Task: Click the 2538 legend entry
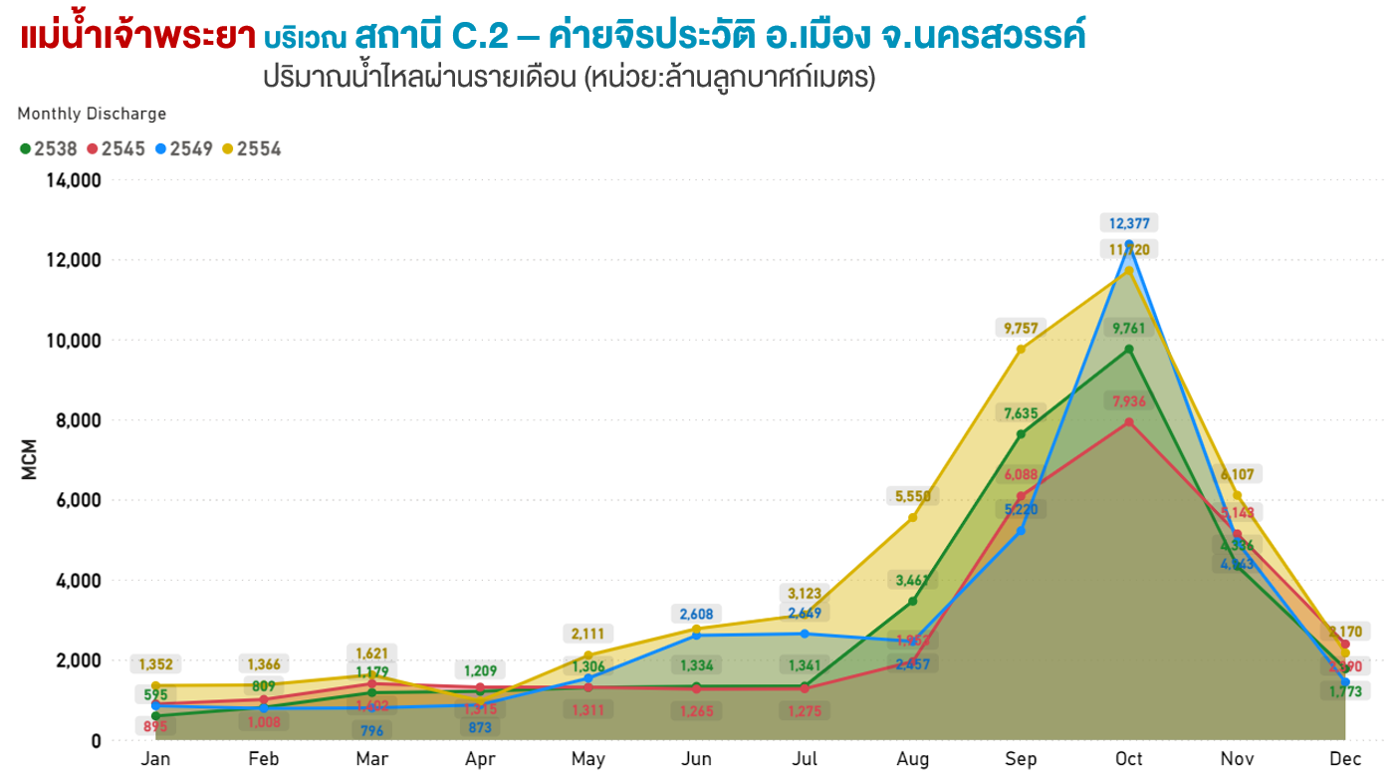click(49, 149)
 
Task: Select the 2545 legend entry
click(116, 149)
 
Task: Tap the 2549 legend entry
click(184, 149)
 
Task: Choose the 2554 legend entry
click(252, 149)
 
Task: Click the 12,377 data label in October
click(1130, 223)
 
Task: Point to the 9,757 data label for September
click(1022, 328)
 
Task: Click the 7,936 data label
click(1130, 401)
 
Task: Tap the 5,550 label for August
click(913, 495)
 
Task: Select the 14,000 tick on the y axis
click(73, 180)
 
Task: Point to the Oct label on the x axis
click(1129, 760)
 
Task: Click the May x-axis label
click(588, 760)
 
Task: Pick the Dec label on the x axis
click(1345, 760)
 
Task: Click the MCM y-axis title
click(30, 459)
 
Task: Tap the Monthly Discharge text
click(92, 114)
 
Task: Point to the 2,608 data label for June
click(696, 614)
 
